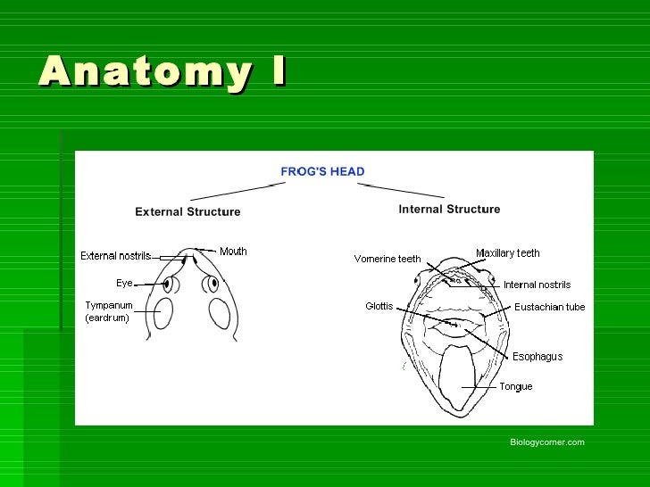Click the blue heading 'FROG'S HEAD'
point(322,171)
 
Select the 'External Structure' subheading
point(187,212)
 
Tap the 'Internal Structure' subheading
point(449,210)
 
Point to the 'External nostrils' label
point(116,256)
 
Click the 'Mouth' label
point(233,252)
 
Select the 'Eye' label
point(124,283)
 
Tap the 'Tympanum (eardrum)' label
point(109,311)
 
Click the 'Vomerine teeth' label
point(387,260)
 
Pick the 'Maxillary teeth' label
point(507,253)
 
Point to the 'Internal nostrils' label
point(537,285)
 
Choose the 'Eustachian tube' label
point(549,308)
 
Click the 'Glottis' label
point(379,307)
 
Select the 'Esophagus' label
point(537,357)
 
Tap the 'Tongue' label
point(516,387)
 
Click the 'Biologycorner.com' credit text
point(546,442)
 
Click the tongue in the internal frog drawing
point(461,378)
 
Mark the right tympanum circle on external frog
point(220,312)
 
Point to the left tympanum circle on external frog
point(163,312)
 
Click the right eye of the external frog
point(212,285)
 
